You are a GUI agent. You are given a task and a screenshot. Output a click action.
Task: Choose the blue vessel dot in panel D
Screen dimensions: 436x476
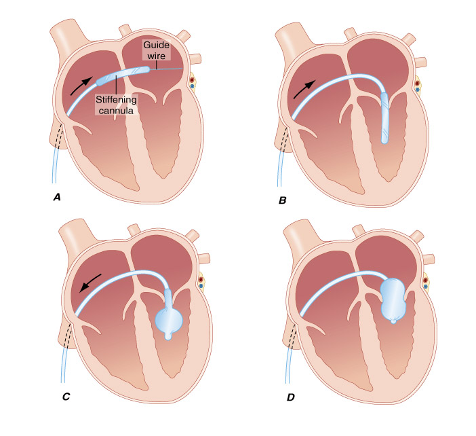(x=425, y=286)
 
